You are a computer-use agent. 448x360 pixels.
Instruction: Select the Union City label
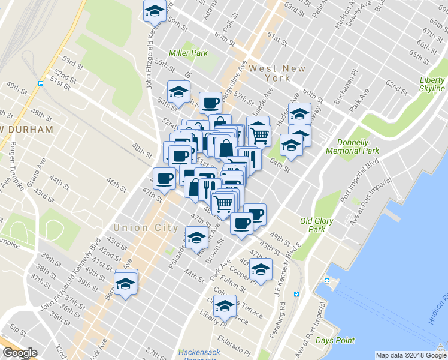pyautogui.click(x=146, y=228)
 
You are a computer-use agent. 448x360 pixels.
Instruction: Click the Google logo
pyautogui.click(x=20, y=353)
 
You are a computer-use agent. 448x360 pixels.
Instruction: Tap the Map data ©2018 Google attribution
pyautogui.click(x=411, y=355)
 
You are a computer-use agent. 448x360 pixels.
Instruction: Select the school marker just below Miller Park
pyautogui.click(x=178, y=92)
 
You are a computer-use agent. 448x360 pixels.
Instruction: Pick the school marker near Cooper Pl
pyautogui.click(x=261, y=269)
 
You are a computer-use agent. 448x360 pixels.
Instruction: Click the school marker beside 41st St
pyautogui.click(x=126, y=282)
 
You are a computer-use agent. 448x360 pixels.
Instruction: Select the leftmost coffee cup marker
pyautogui.click(x=165, y=178)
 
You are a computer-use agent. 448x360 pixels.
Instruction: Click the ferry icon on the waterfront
pyautogui.click(x=327, y=281)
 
